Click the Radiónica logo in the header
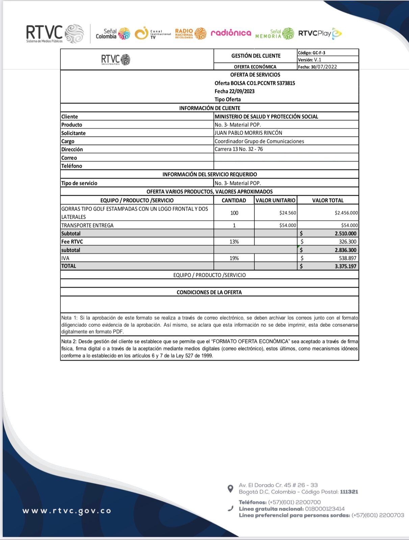click(x=231, y=33)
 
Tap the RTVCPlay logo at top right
click(x=319, y=33)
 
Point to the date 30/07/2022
click(x=324, y=67)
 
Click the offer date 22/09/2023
click(x=241, y=91)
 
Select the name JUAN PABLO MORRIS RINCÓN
click(x=248, y=133)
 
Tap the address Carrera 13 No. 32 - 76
click(x=238, y=149)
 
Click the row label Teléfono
click(x=72, y=166)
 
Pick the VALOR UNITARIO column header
click(x=275, y=200)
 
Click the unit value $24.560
click(x=287, y=213)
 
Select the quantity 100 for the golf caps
click(x=234, y=213)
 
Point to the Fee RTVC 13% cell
click(x=234, y=242)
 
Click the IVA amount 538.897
click(x=348, y=258)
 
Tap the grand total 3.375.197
click(x=346, y=266)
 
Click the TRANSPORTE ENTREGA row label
click(x=87, y=225)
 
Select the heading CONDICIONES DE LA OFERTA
click(x=209, y=292)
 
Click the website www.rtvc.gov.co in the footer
click(x=67, y=511)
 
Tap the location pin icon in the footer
click(x=230, y=489)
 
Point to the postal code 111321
click(x=349, y=492)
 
